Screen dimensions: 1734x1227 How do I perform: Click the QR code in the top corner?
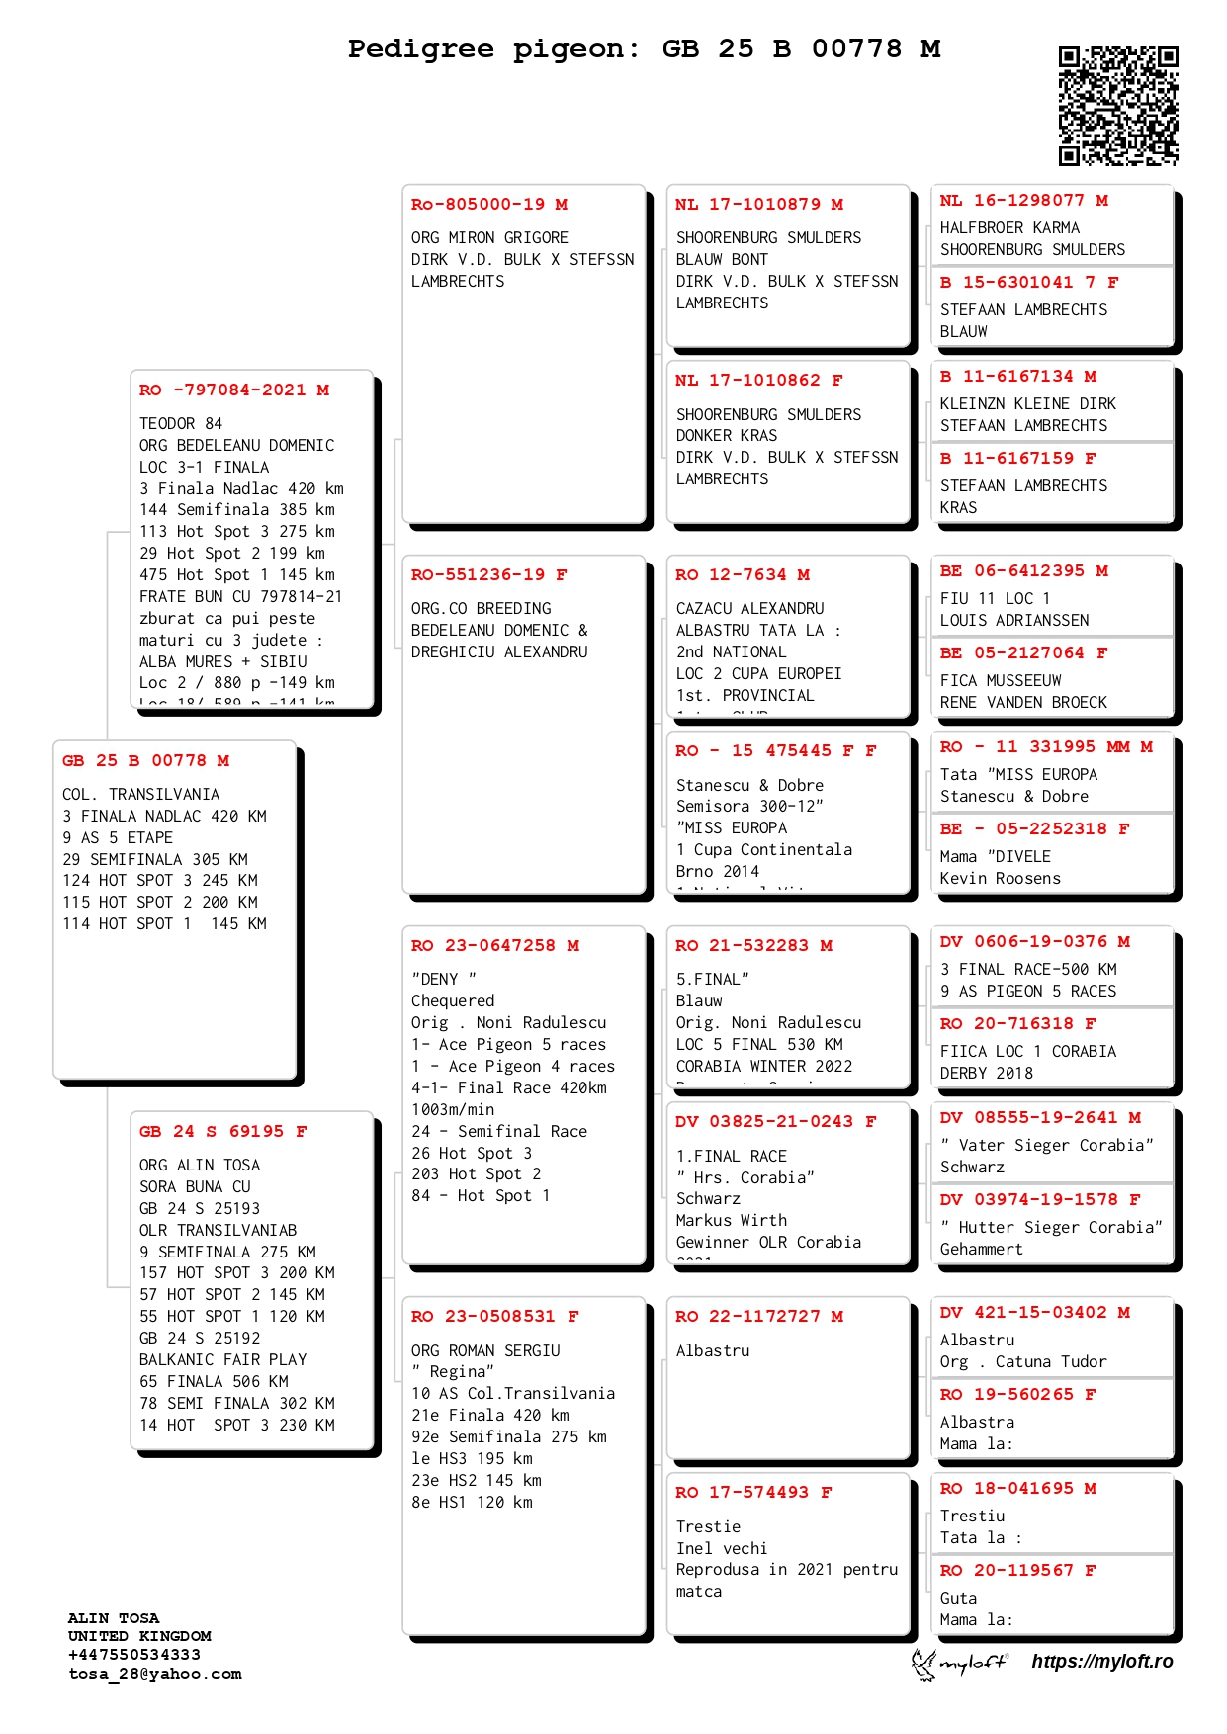(1118, 106)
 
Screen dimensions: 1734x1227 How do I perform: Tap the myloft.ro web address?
(1101, 1662)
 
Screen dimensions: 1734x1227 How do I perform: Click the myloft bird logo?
(924, 1664)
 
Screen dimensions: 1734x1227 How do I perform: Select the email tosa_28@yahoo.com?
(155, 1674)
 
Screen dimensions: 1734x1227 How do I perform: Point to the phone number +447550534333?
(134, 1655)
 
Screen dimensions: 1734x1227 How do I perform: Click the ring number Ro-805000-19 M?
(489, 205)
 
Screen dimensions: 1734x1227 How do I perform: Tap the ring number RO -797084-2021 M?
(234, 390)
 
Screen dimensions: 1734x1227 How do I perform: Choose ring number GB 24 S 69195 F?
(223, 1132)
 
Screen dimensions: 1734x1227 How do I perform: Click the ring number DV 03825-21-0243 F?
(776, 1122)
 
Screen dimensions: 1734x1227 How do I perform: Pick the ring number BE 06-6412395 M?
(1023, 571)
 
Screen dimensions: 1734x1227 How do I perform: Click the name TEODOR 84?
(181, 424)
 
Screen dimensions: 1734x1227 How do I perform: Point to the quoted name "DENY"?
(444, 980)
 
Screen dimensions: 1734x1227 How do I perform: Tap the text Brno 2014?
(718, 872)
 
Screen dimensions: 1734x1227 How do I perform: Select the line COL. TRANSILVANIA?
(141, 795)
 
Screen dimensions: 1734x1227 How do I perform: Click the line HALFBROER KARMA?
(1009, 228)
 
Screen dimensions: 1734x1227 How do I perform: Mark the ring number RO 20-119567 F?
(1017, 1571)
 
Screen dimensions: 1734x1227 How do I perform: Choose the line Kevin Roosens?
(1000, 879)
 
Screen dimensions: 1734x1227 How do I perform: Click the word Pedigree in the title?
(420, 48)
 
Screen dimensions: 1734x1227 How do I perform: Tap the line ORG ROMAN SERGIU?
(485, 1351)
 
